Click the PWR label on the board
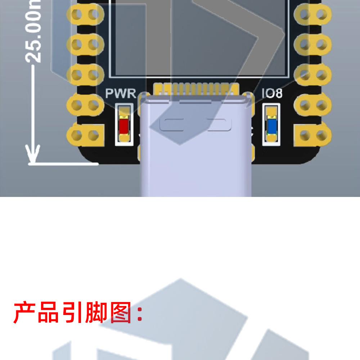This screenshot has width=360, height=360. coord(121,94)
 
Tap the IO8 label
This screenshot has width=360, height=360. coord(272,94)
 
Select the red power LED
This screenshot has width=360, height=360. coord(124,126)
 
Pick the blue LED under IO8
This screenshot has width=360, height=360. coord(271,126)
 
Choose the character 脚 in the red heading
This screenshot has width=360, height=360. coord(96,312)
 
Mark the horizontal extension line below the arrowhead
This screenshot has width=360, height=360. coord(63,164)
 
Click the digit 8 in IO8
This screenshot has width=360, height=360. coord(278,94)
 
